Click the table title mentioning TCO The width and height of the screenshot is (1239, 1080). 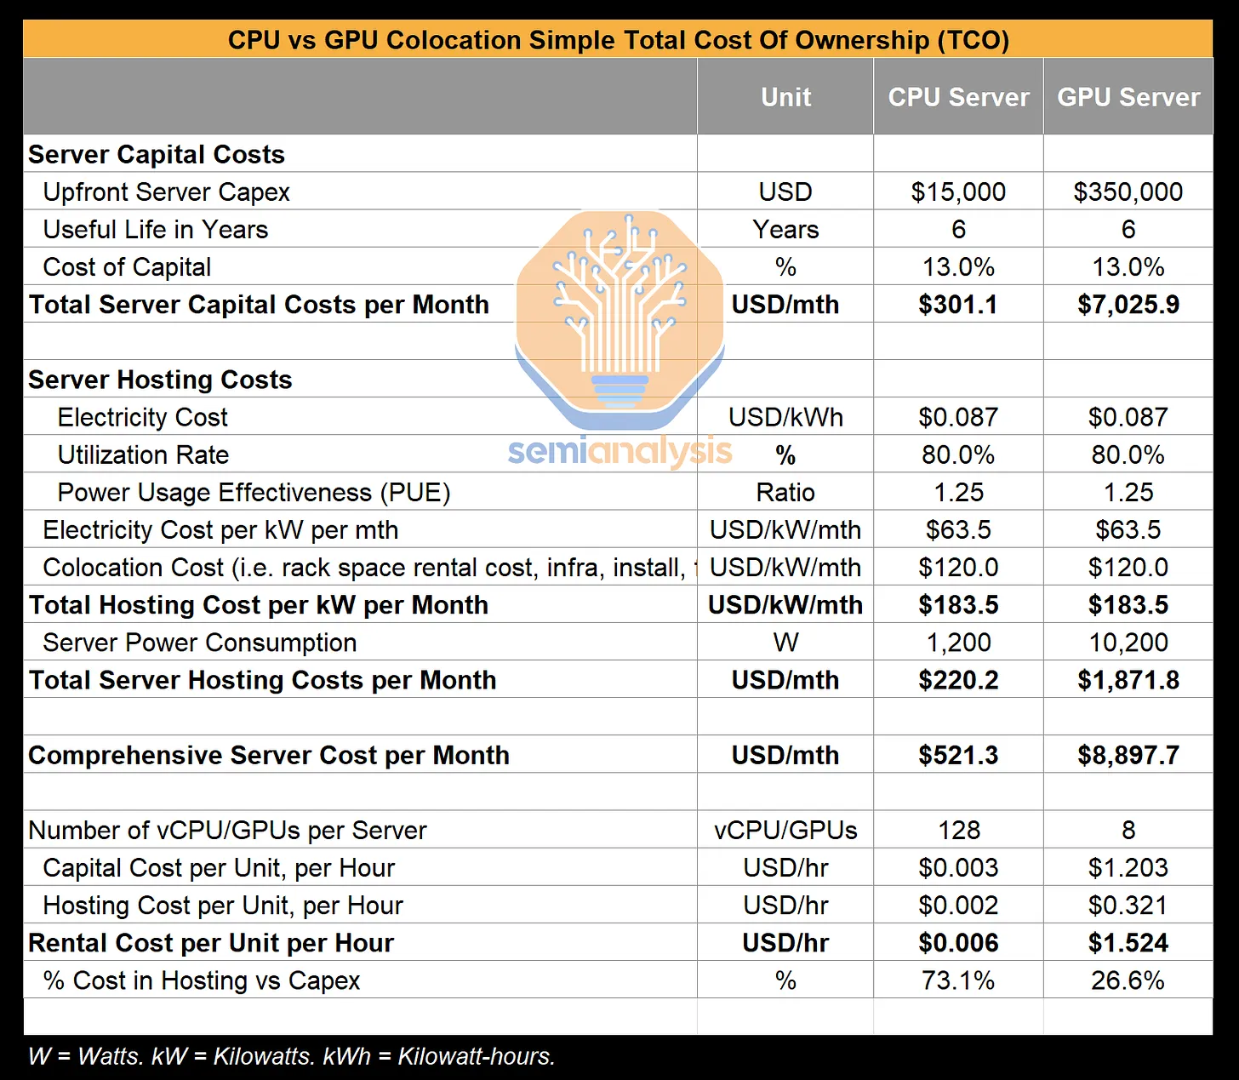pos(618,40)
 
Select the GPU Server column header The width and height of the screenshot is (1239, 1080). pos(1128,97)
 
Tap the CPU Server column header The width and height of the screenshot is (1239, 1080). pos(958,97)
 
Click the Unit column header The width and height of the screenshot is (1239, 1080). pos(785,97)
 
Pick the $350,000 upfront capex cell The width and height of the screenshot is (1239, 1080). pos(1128,191)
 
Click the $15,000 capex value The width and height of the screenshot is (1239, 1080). pos(958,191)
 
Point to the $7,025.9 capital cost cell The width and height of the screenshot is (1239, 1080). pos(1128,305)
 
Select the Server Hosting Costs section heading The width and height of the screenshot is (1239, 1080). pos(160,380)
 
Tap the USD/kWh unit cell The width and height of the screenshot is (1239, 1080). pos(785,417)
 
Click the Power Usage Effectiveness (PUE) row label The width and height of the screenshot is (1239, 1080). pos(254,492)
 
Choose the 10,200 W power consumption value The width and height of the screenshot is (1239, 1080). pos(1128,643)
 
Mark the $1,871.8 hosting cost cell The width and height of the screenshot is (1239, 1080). pos(1128,680)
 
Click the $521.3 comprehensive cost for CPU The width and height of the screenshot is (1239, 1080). pos(958,755)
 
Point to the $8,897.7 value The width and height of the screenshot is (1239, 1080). pos(1128,755)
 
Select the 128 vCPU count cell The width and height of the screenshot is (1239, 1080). pos(959,830)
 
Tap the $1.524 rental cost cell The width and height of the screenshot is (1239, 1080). pos(1128,943)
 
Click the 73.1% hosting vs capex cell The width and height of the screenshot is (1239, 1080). pos(958,980)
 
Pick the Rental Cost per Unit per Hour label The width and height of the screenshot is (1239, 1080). pos(211,943)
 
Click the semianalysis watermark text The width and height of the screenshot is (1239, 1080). pos(619,451)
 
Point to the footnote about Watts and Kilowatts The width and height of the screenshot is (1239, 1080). pos(291,1056)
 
